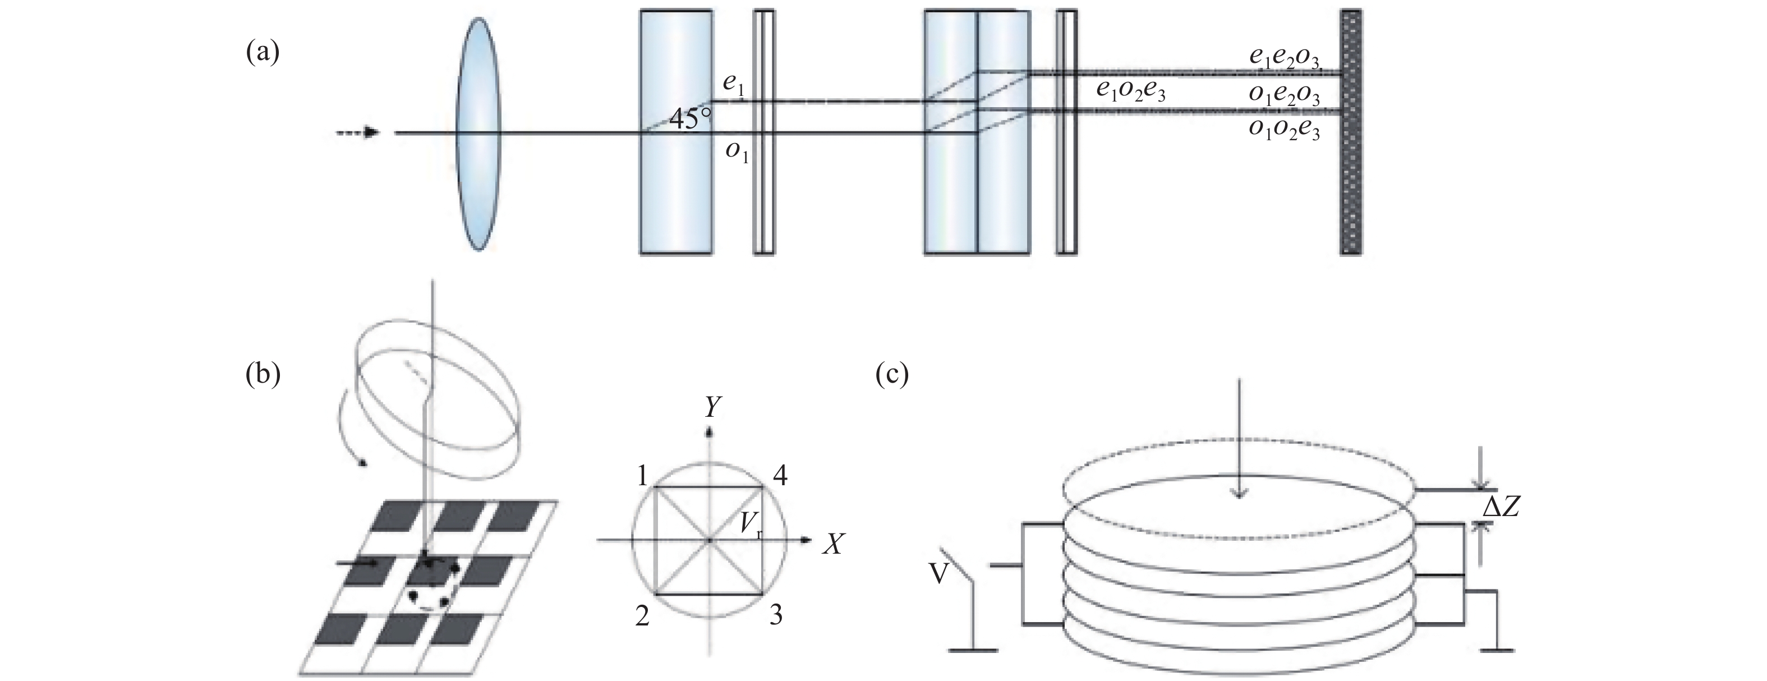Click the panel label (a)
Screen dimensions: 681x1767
(x=263, y=53)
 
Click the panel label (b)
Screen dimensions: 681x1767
(x=263, y=375)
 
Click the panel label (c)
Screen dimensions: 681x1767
(x=892, y=375)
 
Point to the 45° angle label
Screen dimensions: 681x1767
(x=690, y=121)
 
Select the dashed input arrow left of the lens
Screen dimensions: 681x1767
(x=358, y=132)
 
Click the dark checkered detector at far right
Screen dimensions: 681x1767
(x=1350, y=132)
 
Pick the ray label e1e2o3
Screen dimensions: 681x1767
(x=1283, y=59)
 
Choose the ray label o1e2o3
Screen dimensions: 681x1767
(x=1283, y=96)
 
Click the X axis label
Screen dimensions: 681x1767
(x=832, y=545)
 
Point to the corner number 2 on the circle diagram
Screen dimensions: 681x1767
(x=643, y=616)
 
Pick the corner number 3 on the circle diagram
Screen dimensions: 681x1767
(x=776, y=616)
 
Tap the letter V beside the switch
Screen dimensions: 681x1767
(x=940, y=573)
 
